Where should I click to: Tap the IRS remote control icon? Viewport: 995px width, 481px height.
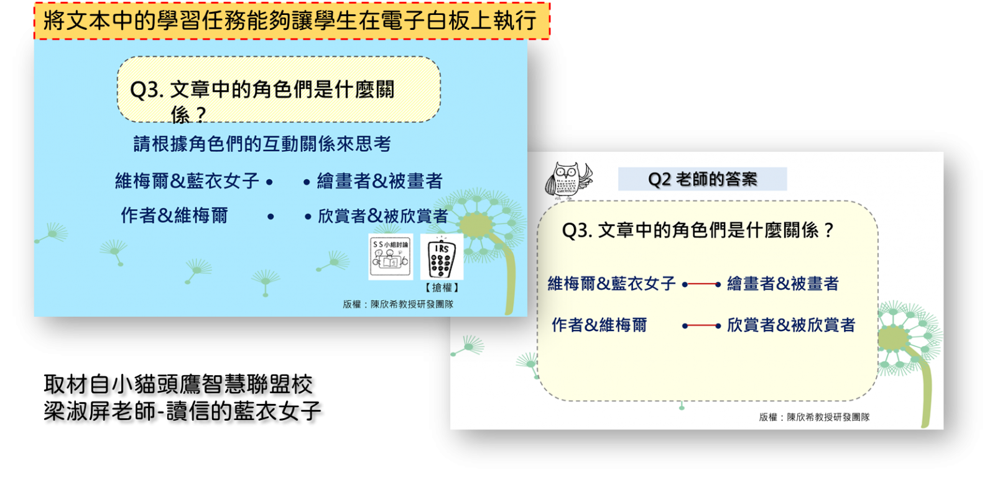pos(442,258)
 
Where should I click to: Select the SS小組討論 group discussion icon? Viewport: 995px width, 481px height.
pos(391,257)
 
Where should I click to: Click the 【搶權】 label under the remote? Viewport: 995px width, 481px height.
pos(442,287)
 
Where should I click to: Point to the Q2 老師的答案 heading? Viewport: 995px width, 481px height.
pos(702,179)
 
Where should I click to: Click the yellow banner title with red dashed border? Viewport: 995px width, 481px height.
pos(292,21)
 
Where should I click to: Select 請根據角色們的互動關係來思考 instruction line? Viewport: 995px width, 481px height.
pos(262,144)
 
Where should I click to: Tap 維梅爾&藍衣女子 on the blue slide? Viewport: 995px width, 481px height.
pos(187,181)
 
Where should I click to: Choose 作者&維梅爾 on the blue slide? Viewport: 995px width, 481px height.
pos(174,215)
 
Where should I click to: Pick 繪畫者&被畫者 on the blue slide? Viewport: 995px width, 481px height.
pos(380,181)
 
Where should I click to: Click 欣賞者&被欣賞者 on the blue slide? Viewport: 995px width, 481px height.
pos(382,217)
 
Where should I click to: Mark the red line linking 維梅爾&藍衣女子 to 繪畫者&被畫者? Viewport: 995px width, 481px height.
pos(701,284)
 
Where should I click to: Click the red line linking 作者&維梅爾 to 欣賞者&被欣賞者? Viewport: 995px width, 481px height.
pos(701,326)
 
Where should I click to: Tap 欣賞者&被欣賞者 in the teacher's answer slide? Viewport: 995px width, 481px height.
pos(790,325)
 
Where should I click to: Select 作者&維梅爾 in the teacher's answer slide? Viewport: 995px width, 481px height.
pos(599,325)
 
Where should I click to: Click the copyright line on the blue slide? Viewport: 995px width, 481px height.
pos(398,304)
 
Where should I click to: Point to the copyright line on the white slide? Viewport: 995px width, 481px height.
pos(814,417)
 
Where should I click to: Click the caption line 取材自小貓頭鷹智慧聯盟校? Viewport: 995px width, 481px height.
pos(178,384)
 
